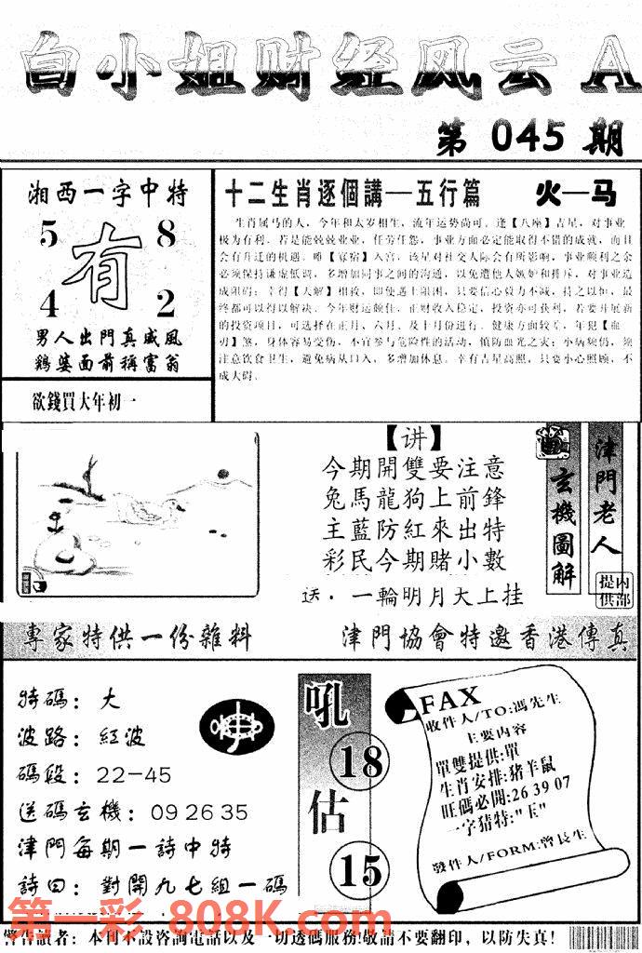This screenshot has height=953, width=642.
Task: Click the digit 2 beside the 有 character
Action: (166, 304)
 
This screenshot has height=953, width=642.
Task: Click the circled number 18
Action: (360, 763)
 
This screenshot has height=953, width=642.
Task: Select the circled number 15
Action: (359, 870)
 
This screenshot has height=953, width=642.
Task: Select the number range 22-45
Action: (134, 774)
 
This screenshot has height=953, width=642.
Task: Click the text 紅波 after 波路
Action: (121, 737)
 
